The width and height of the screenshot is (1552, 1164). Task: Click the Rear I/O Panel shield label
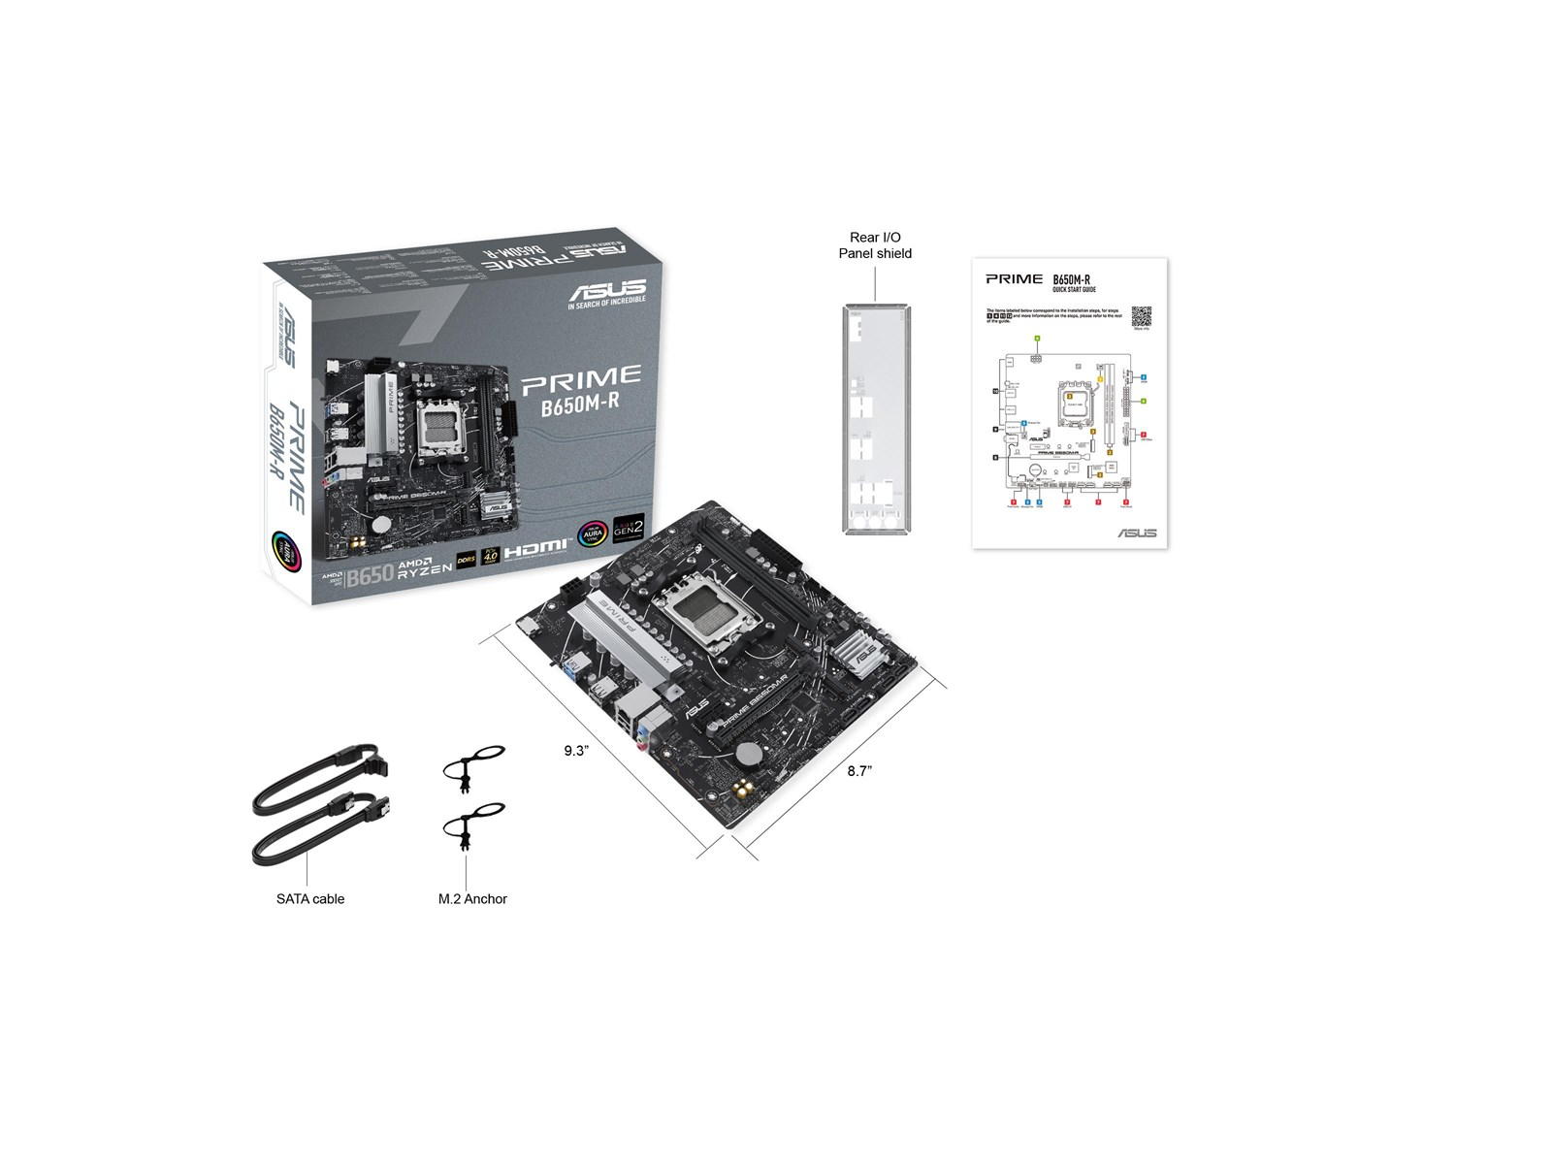(875, 245)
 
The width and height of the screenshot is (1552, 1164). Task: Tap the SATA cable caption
(310, 899)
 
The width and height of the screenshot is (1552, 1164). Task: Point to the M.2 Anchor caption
(472, 899)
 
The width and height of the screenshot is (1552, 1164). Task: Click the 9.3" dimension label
(576, 750)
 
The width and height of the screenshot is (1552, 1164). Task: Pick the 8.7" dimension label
(859, 770)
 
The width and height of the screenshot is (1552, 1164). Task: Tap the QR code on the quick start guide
(1141, 316)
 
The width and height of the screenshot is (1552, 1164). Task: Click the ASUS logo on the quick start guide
(1137, 533)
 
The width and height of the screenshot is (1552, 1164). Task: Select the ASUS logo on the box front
(607, 290)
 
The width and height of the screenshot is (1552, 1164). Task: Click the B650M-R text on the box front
(580, 405)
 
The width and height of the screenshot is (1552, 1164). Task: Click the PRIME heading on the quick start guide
(1014, 279)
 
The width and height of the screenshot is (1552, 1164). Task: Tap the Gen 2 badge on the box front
(628, 531)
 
